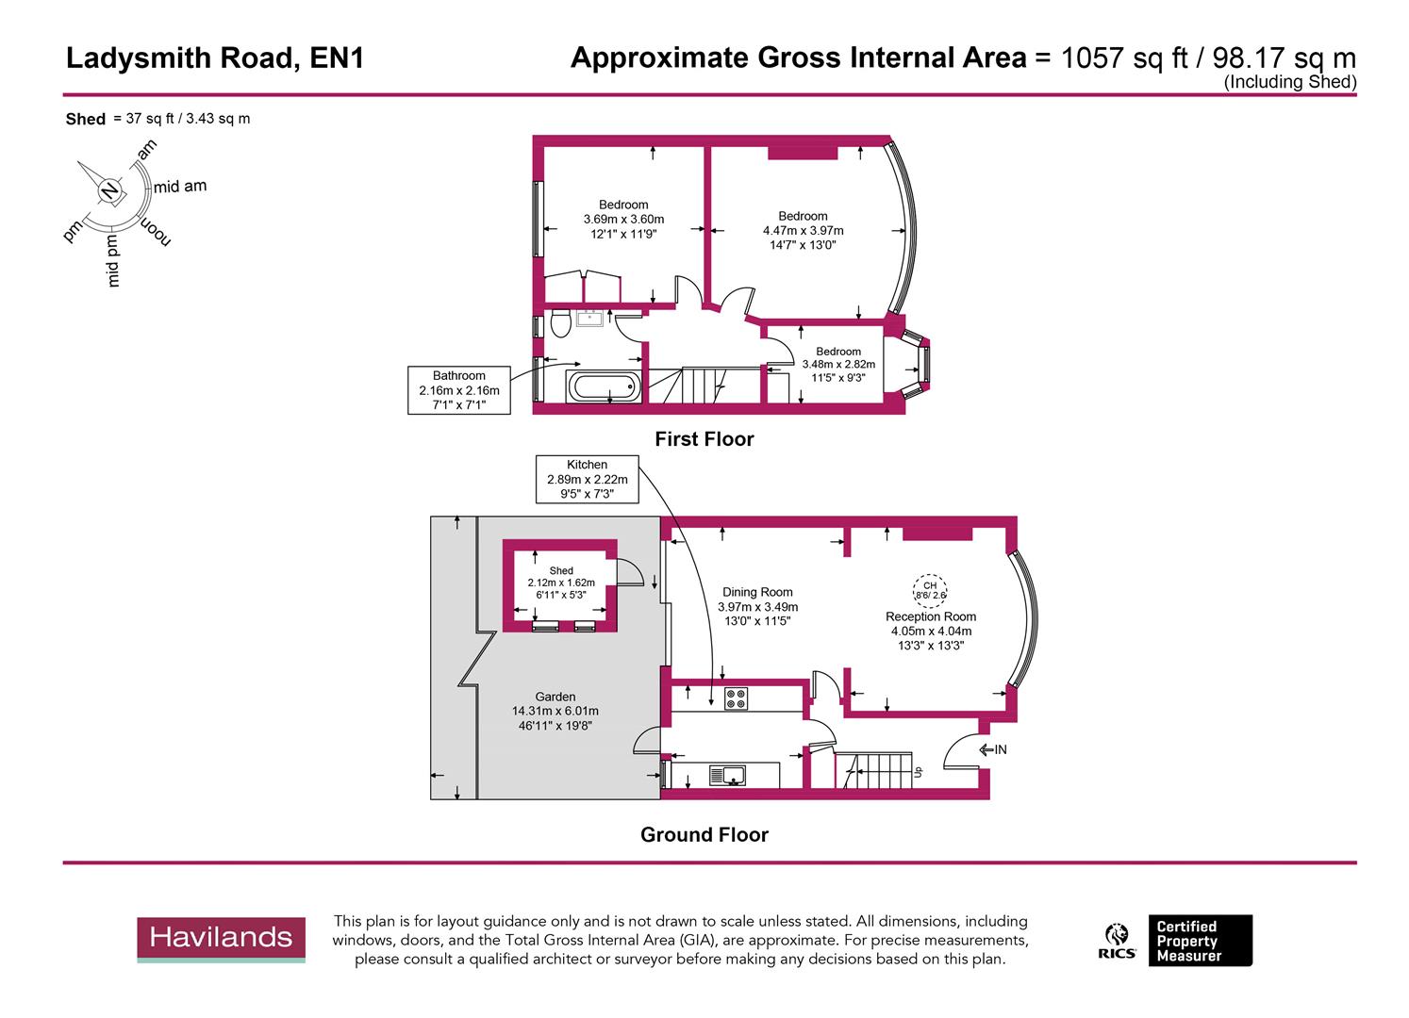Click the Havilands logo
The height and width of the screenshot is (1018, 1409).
point(222,939)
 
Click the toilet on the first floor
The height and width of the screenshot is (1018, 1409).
point(560,323)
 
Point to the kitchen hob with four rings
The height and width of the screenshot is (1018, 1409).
point(736,698)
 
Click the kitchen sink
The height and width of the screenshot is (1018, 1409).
point(727,776)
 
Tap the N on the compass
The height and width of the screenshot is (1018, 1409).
point(110,191)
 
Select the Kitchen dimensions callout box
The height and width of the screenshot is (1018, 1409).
point(587,479)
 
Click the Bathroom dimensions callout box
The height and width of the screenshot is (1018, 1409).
point(459,390)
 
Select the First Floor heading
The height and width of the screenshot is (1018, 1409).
point(704,439)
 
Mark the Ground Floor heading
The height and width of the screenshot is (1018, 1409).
point(704,835)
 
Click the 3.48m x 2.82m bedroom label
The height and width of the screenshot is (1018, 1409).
point(838,365)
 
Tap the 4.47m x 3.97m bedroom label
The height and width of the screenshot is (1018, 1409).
point(803,230)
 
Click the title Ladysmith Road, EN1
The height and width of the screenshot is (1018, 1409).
point(215,58)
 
